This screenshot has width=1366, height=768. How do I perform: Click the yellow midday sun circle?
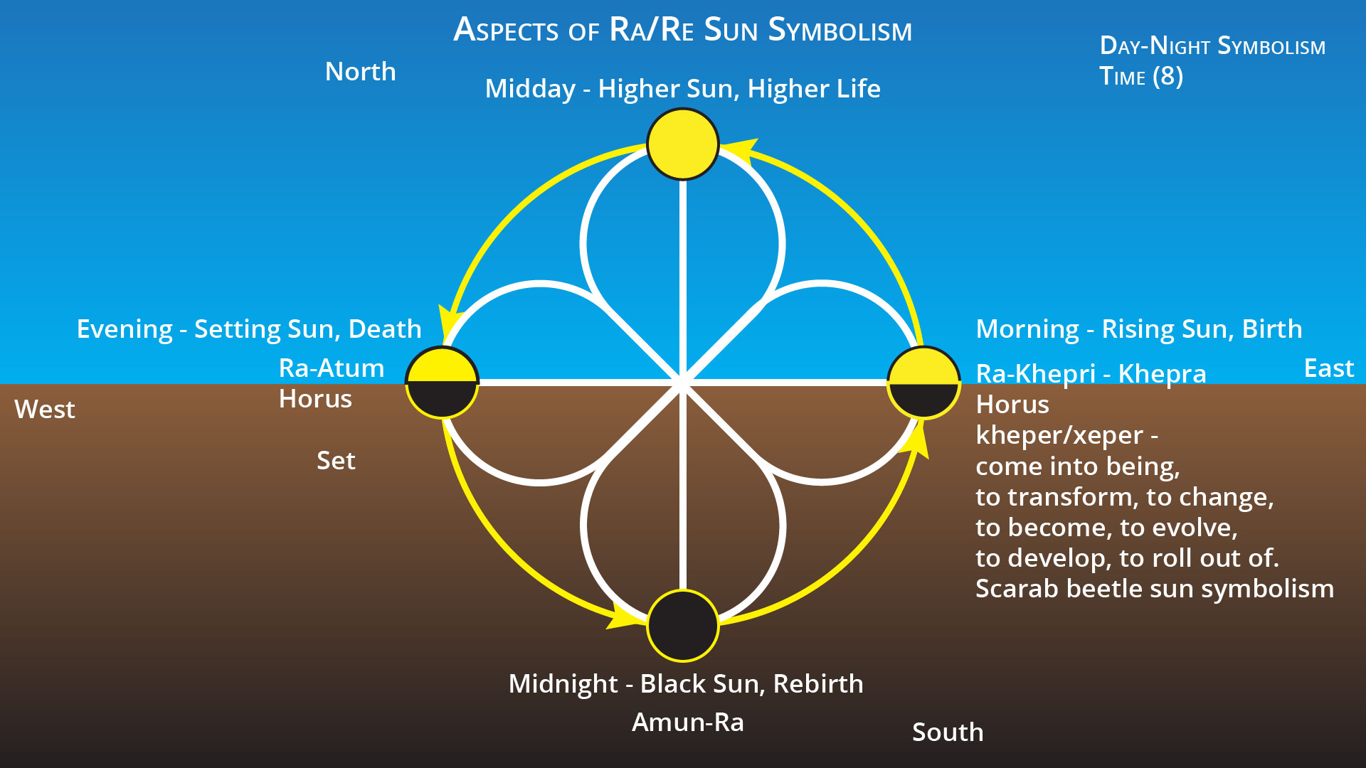[x=682, y=144]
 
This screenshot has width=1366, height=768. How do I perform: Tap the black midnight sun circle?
[x=682, y=626]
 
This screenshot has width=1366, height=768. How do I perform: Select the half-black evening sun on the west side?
[x=442, y=383]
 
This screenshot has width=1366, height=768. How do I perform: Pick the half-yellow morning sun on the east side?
[x=923, y=383]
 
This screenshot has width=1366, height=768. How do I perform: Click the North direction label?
[x=360, y=72]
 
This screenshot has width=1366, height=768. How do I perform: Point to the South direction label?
[x=948, y=732]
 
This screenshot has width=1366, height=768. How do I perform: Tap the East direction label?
[x=1328, y=368]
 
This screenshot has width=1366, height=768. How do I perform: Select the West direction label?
[x=45, y=410]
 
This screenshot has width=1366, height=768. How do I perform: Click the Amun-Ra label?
[x=687, y=722]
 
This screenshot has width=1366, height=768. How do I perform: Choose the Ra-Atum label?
[x=332, y=368]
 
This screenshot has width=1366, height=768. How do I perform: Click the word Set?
[x=336, y=461]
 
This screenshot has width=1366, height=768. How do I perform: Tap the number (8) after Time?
[x=1168, y=76]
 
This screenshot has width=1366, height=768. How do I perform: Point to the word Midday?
[x=530, y=89]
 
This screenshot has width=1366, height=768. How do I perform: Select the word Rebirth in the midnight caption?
[x=817, y=684]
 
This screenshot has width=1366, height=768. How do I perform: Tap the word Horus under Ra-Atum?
[x=315, y=399]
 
